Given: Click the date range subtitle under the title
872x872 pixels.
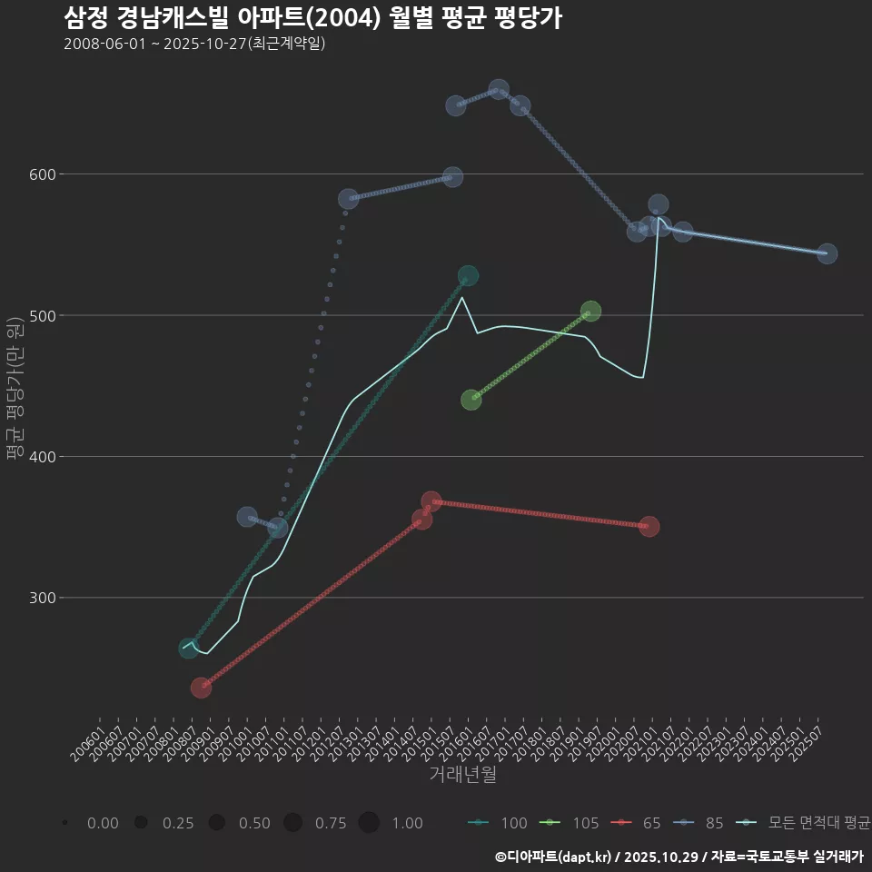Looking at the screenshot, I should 194,44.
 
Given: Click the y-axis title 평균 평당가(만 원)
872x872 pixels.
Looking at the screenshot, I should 14,389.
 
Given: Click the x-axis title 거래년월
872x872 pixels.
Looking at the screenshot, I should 462,775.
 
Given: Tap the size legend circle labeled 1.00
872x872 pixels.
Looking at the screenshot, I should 369,823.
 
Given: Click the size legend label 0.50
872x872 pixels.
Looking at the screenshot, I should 254,823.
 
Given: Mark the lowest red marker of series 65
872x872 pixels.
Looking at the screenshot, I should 201,688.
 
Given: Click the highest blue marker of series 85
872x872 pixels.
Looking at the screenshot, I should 499,90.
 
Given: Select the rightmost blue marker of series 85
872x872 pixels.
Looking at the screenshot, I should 827,253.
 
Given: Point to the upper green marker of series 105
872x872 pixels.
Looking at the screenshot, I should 590,312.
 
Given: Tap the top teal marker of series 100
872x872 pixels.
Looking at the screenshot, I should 468,276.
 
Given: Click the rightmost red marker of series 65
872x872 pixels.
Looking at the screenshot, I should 649,527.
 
